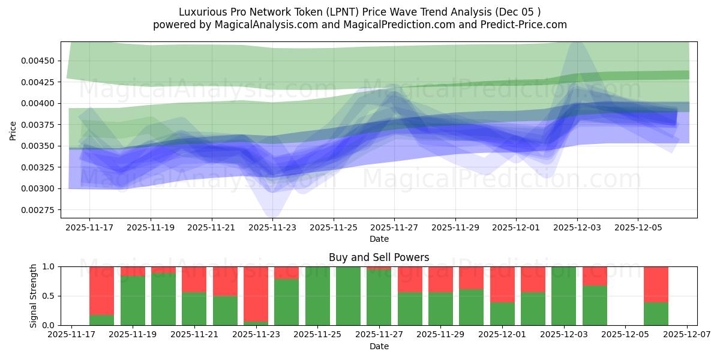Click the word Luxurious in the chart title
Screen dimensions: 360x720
[200, 12]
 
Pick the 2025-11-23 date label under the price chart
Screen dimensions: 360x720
[272, 228]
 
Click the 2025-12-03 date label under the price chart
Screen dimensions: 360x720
[577, 228]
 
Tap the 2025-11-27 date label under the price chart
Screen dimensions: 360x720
[394, 228]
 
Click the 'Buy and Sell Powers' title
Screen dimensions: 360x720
[379, 257]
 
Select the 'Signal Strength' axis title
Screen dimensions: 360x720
[34, 295]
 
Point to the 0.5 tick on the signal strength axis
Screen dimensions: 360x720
[49, 296]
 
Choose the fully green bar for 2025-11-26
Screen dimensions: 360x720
[348, 296]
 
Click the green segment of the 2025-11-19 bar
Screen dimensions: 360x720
[133, 301]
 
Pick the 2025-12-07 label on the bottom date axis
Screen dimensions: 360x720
[686, 335]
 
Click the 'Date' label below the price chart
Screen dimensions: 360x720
[379, 239]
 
